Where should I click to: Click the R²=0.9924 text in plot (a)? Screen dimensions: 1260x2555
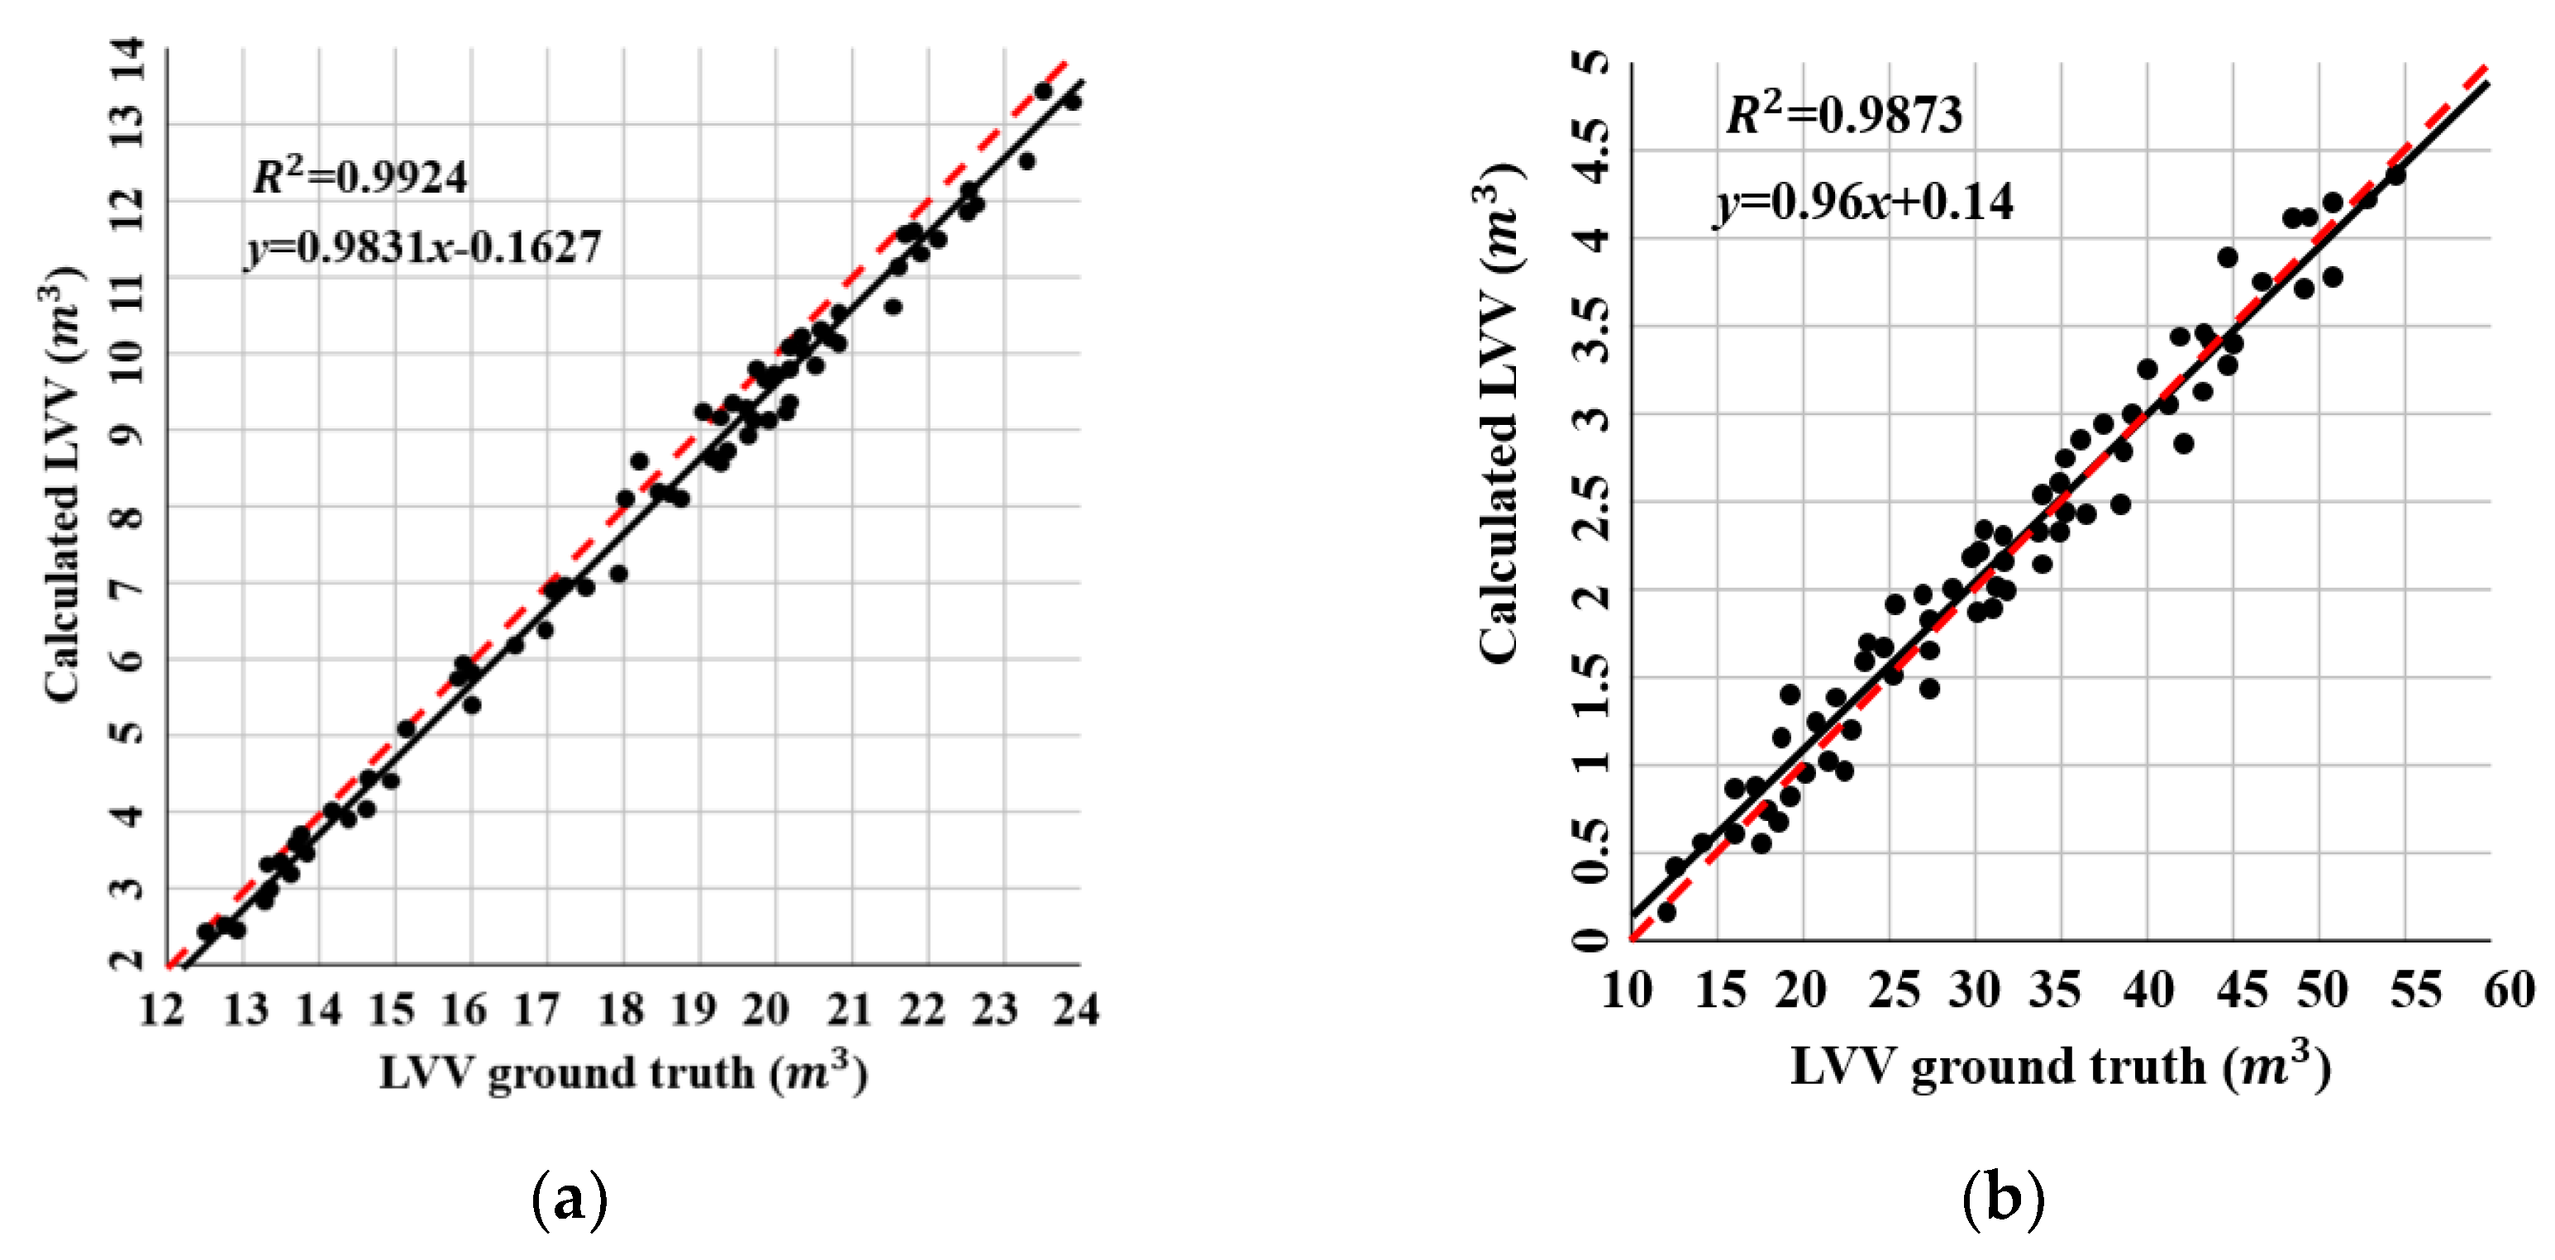(x=359, y=177)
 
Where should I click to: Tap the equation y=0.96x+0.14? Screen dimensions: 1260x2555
(x=1865, y=203)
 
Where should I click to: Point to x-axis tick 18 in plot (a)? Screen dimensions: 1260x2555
(x=621, y=1010)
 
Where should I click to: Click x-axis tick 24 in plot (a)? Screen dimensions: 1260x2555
(x=1076, y=1010)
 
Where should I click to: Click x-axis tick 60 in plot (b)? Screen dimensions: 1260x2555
(x=2510, y=990)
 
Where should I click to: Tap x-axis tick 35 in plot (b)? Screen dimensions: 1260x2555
(x=2054, y=990)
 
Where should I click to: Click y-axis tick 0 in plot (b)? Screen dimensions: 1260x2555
(x=1593, y=938)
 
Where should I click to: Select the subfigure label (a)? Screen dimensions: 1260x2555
(x=570, y=1200)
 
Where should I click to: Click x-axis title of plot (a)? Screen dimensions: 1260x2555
(x=623, y=1072)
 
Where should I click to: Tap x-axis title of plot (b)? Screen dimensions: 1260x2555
(x=2060, y=1067)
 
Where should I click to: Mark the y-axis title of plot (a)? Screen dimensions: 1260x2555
(x=61, y=486)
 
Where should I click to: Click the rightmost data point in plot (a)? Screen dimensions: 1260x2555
(x=1072, y=101)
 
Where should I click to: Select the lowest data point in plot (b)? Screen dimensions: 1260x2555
(x=1666, y=912)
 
